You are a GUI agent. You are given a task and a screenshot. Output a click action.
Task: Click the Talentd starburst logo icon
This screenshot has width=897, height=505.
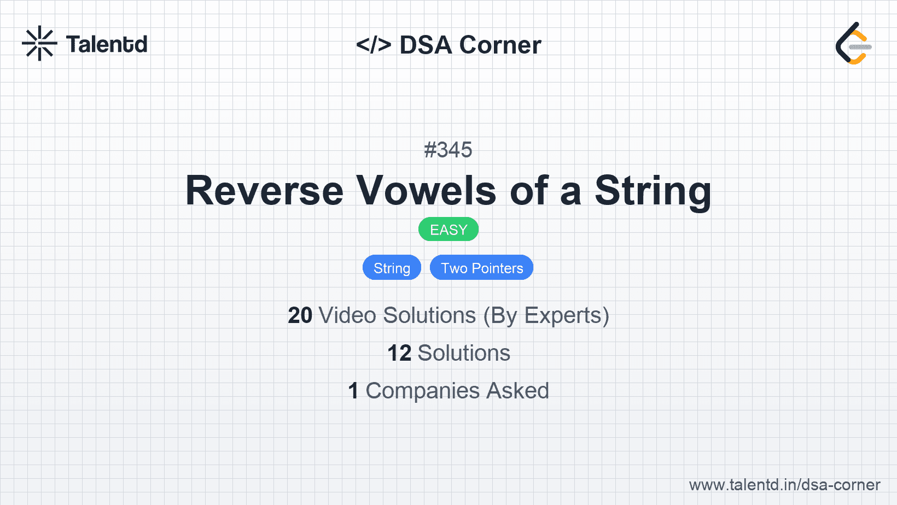coord(39,43)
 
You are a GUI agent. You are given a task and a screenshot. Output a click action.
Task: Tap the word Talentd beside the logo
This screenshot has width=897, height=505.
coord(107,44)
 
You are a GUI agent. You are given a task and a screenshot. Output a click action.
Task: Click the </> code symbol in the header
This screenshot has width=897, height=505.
coord(374,45)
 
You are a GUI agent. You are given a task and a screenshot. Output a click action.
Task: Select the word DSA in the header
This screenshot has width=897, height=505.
coord(426,45)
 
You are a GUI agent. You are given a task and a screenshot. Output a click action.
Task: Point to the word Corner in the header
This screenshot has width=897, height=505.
coord(500,45)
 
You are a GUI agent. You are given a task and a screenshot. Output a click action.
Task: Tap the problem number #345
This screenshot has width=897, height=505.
coord(448,150)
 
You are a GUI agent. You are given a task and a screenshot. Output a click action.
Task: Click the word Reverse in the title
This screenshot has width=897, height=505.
coord(264,191)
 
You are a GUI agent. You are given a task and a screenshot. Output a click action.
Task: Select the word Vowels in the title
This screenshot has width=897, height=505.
coord(426,191)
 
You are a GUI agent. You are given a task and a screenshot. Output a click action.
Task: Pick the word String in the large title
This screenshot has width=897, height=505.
coord(653,192)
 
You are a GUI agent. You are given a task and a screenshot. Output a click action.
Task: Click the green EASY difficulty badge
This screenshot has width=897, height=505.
coord(449,230)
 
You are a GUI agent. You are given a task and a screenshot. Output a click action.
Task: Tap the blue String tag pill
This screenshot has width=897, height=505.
coord(392,267)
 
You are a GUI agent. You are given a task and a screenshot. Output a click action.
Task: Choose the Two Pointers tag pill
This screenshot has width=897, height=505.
coord(481,267)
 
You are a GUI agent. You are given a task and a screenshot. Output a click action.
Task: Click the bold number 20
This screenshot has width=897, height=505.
coord(300,315)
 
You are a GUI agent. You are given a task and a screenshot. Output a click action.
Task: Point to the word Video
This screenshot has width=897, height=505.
coord(347,315)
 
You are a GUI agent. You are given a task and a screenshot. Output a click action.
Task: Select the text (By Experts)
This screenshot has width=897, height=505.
coord(546,316)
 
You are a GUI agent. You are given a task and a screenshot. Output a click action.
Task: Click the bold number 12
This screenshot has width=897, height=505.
coord(399,353)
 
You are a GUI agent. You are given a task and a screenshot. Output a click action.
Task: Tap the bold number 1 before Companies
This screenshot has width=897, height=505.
coord(353,391)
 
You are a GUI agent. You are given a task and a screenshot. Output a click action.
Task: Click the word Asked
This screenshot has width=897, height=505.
coord(517,391)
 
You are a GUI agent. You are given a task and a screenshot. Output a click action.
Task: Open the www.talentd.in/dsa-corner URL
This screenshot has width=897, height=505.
coord(784,485)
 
